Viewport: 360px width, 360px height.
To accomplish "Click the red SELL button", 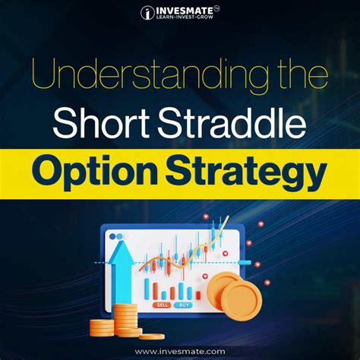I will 162,304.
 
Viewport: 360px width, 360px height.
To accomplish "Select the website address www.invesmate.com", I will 180,351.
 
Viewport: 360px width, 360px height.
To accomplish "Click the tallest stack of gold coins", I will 125,320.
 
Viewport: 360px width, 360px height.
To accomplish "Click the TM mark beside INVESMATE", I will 216,7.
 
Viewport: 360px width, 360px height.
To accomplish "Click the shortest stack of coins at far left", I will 101,328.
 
